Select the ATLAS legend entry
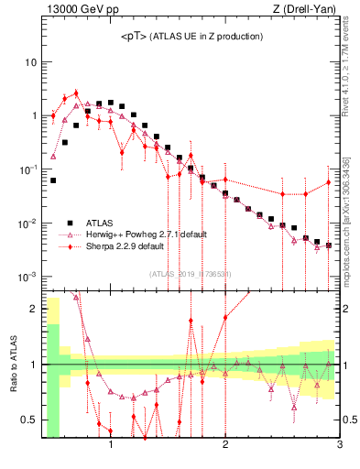coord(100,223)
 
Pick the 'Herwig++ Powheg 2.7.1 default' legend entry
coord(146,234)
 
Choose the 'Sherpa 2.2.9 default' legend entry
coord(125,246)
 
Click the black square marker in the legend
coord(68,223)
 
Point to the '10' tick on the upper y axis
coord(29,62)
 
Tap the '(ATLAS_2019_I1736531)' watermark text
coord(190,274)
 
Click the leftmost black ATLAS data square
coord(53,180)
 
